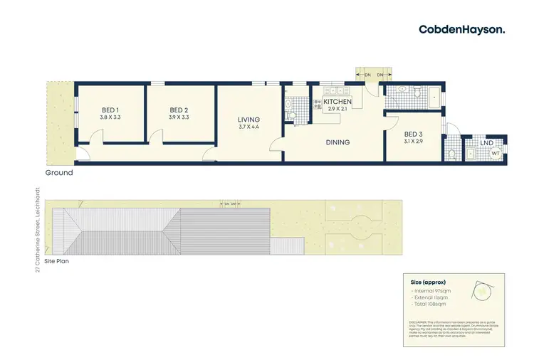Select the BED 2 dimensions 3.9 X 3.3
179,117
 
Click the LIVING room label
249,120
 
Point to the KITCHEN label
337,102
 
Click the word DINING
337,142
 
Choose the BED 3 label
414,134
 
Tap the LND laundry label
486,144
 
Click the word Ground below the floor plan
59,173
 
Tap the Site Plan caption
57,261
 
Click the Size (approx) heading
428,282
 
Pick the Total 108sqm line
430,304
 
